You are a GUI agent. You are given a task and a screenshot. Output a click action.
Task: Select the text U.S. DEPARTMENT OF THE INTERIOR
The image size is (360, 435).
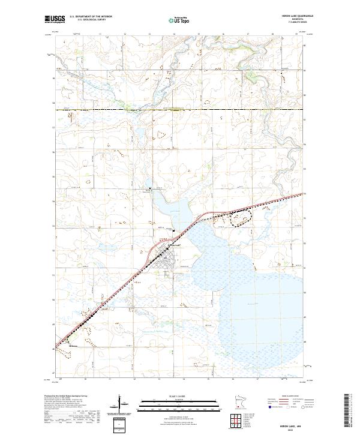coord(91,17)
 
